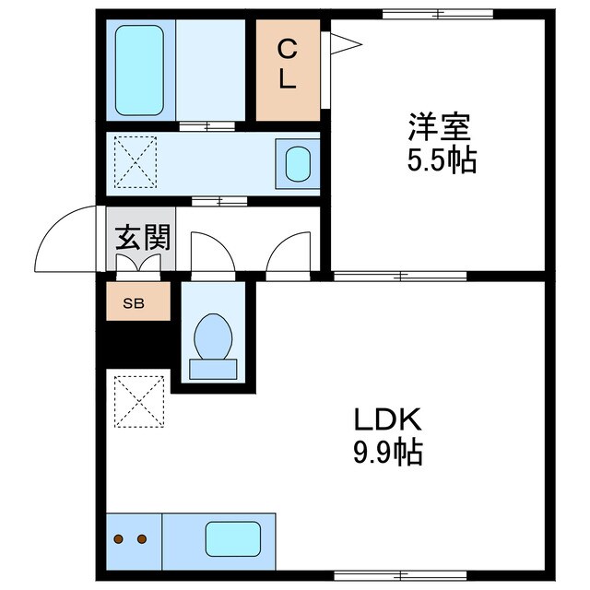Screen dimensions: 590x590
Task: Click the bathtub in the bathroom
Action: point(140,70)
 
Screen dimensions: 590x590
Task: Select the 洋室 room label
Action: point(441,124)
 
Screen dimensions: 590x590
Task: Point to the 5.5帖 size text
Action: point(441,161)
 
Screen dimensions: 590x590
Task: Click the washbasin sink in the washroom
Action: point(298,164)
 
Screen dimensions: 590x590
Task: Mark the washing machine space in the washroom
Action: point(135,164)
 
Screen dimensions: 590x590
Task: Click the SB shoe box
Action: point(138,301)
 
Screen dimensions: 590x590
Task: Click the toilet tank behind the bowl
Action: point(214,367)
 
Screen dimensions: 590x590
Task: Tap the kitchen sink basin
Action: point(231,538)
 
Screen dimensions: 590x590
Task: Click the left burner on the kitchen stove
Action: point(119,539)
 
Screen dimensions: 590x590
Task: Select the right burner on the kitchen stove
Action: point(142,539)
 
